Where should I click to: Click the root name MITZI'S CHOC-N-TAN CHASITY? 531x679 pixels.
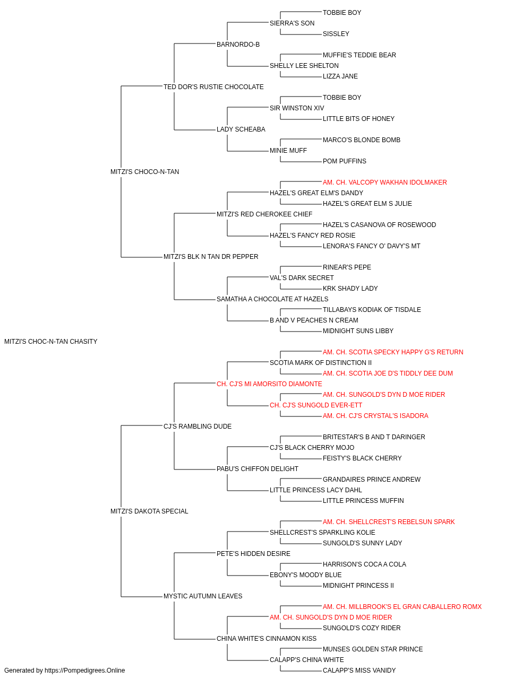coord(50,342)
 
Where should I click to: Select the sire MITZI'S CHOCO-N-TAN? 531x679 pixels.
coord(145,172)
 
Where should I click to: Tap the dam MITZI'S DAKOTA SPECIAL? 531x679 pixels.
coord(149,511)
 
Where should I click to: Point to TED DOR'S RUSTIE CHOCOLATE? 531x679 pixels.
coord(213,87)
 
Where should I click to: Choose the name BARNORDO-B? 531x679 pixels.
coord(238,45)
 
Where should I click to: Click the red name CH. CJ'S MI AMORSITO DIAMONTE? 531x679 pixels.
coord(269,384)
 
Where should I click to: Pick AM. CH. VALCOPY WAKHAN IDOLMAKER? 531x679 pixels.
coord(384,182)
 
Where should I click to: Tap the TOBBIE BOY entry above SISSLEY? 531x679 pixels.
coord(342,13)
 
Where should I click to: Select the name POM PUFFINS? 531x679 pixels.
coord(344,161)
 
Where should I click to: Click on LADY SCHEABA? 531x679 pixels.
coord(241,129)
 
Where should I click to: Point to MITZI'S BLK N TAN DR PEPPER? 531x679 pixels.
coord(211,257)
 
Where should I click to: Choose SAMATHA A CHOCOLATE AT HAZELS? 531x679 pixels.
coord(272,299)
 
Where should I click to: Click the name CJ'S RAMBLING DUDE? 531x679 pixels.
coord(198,426)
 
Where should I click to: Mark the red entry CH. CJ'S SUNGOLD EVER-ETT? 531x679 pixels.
coord(316,405)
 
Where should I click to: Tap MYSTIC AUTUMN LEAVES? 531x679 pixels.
coord(203,596)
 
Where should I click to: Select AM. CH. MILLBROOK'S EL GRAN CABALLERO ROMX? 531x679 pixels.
coord(402,607)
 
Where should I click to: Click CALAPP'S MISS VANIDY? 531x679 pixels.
coord(359,671)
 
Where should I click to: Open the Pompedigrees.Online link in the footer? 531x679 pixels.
coord(85,671)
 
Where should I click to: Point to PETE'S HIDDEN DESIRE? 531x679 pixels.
coord(253,554)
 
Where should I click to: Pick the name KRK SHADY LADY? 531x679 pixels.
coord(350,289)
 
